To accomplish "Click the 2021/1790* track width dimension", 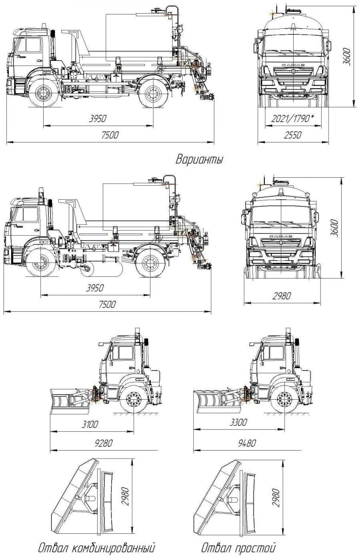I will [292, 119].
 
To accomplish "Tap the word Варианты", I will [199, 160].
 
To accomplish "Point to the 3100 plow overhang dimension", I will [90, 424].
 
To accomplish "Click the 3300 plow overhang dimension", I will [238, 422].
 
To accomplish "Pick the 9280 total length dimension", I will [103, 443].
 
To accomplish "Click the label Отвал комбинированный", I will [96, 547].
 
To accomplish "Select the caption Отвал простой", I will [238, 547].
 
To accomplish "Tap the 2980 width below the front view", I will [282, 296].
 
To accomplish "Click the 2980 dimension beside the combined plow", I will [125, 497].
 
